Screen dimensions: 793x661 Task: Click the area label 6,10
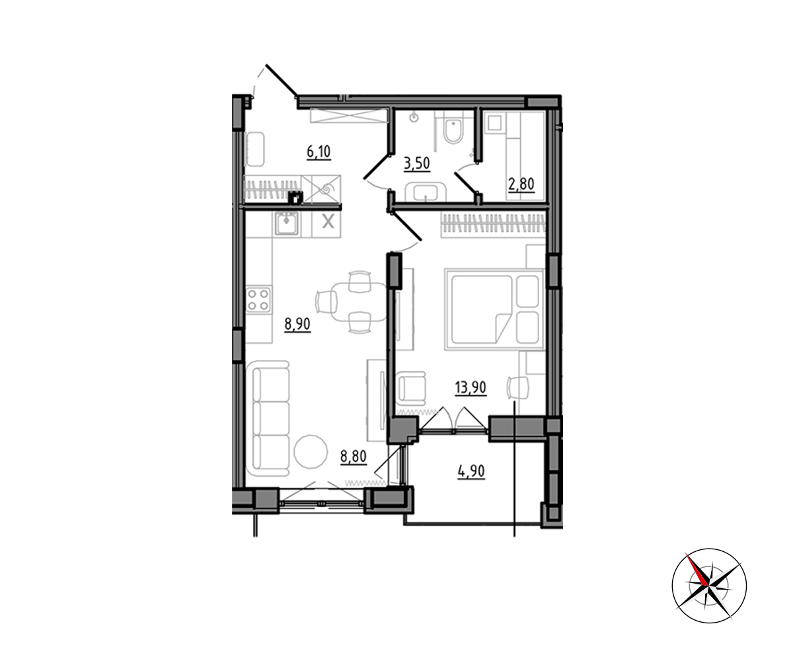click(319, 152)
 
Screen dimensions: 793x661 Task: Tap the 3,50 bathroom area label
click(416, 164)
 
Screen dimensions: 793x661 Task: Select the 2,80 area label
click(521, 184)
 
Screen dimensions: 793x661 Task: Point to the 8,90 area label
click(297, 325)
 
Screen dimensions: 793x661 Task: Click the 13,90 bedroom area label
click(471, 388)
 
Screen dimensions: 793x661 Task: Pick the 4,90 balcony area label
click(471, 471)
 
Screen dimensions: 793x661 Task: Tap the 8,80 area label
click(354, 456)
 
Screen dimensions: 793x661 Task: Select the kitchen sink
click(286, 223)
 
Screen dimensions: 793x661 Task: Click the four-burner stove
click(258, 300)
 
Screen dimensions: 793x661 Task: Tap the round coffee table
click(311, 451)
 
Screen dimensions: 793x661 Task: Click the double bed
click(495, 309)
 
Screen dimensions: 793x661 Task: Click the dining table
click(359, 302)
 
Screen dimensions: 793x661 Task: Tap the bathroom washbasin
click(426, 192)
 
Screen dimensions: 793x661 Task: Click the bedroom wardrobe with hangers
click(493, 225)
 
